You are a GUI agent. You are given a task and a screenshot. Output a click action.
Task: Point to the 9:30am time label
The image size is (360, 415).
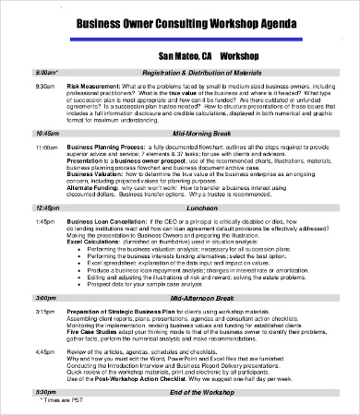(45, 85)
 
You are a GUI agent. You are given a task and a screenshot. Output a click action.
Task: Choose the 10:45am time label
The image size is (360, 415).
(46, 134)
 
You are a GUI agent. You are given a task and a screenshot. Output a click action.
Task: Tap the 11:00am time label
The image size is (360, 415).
(46, 147)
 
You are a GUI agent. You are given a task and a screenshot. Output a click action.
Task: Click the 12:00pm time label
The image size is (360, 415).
(46, 208)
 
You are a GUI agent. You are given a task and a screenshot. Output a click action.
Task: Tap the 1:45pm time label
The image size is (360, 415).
(45, 222)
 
